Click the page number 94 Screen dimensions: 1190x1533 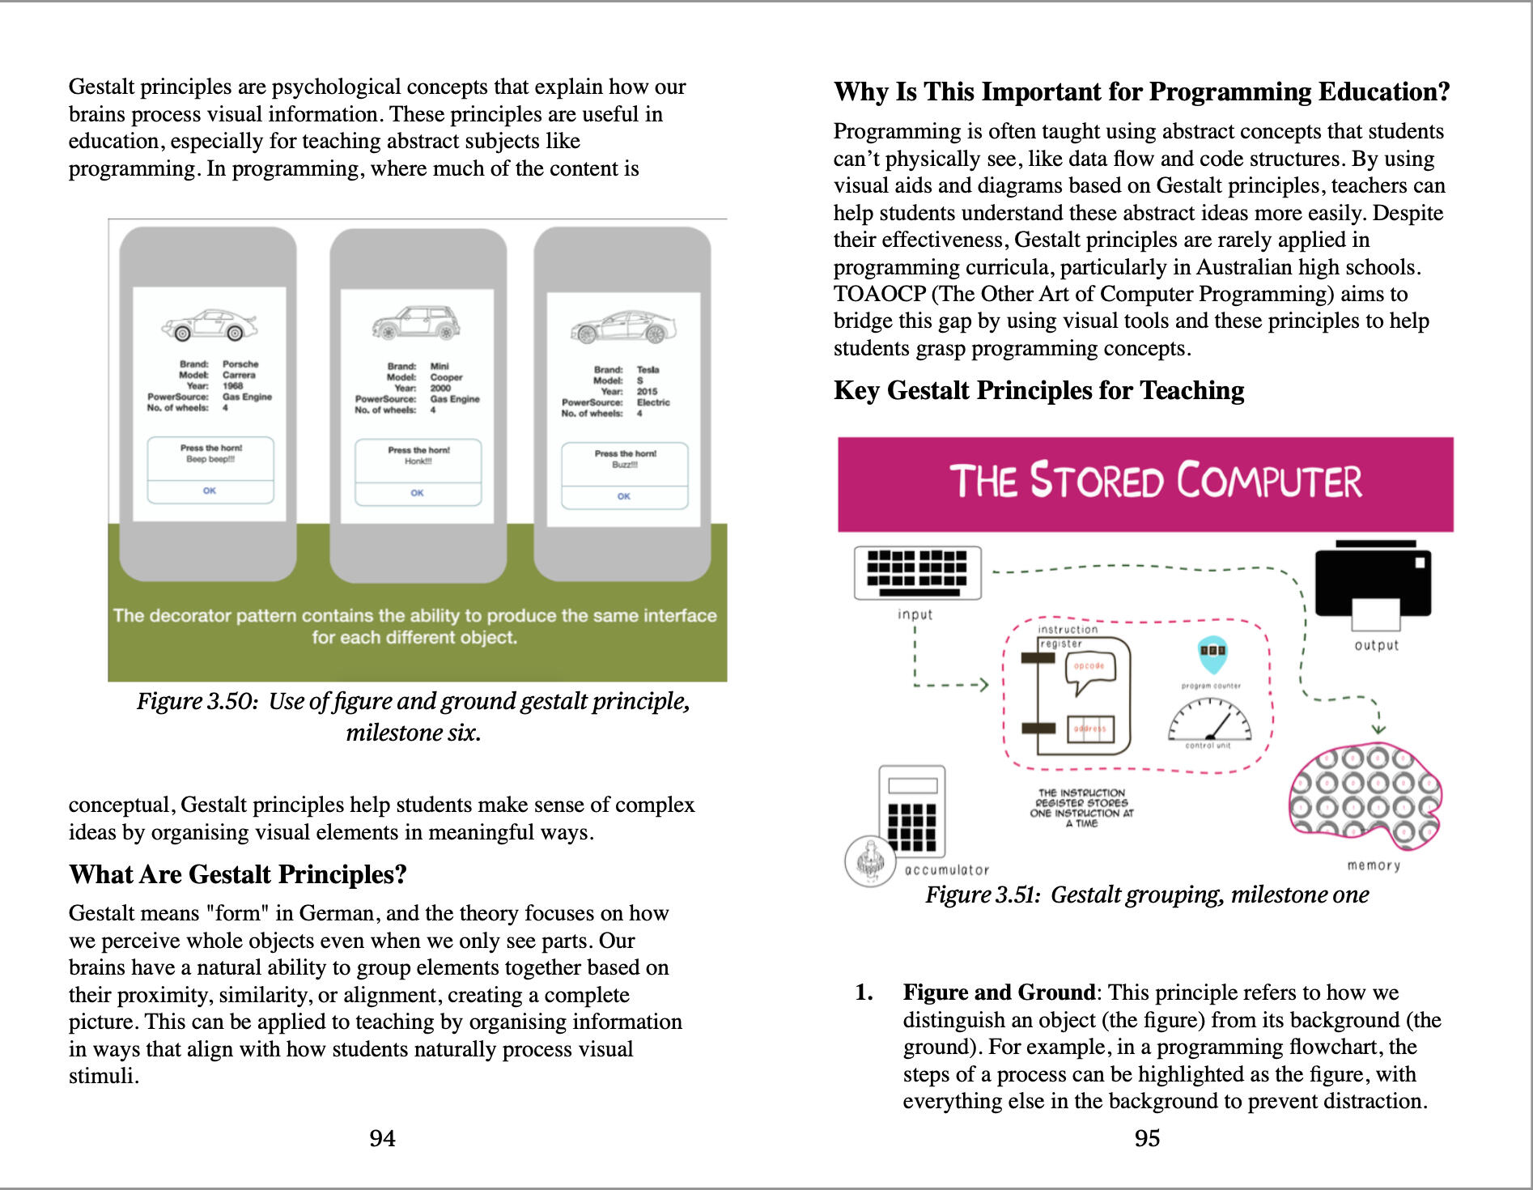click(382, 1138)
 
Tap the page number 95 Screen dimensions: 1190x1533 click(1147, 1138)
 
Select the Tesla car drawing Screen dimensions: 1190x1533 click(623, 328)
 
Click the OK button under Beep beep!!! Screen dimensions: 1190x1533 click(210, 491)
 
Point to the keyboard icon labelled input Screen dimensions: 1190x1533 click(917, 572)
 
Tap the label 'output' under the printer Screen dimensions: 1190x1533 click(1376, 645)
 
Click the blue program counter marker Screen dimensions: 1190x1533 click(1212, 654)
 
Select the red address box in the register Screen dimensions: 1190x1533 click(1090, 729)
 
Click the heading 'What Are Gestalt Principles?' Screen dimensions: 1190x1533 click(238, 874)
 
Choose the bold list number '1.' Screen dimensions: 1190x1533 click(864, 992)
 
